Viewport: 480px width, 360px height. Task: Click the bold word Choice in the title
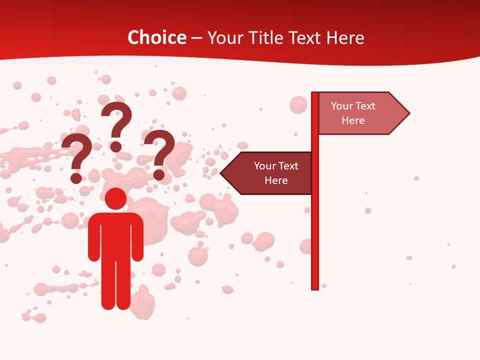click(156, 37)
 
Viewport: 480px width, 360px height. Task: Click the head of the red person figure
click(116, 198)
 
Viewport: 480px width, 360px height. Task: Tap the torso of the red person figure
click(116, 235)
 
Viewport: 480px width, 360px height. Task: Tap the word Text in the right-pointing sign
click(365, 106)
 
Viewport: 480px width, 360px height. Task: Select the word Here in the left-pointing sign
click(276, 180)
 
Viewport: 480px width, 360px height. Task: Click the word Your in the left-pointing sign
click(265, 166)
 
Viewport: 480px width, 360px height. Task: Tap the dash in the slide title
click(197, 38)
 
